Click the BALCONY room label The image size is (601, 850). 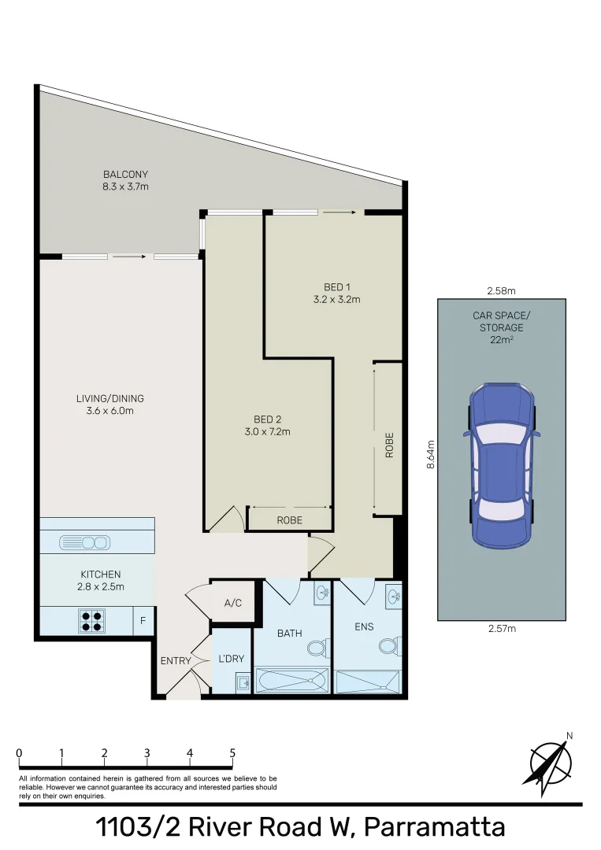click(x=125, y=175)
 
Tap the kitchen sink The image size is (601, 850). click(x=84, y=542)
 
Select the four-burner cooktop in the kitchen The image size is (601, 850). click(x=91, y=620)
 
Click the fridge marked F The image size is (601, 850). click(x=143, y=620)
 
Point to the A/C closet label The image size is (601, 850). click(x=232, y=603)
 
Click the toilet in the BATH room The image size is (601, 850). click(x=317, y=647)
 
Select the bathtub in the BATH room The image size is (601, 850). click(x=291, y=680)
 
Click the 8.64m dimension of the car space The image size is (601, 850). click(x=431, y=454)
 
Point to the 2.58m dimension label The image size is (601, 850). click(x=501, y=290)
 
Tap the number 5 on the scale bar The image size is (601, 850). click(x=232, y=753)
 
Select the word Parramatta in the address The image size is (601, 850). click(x=435, y=827)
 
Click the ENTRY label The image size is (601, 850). click(x=176, y=661)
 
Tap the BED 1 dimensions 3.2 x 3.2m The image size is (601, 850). click(x=337, y=299)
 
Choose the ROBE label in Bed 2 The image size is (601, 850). click(x=290, y=520)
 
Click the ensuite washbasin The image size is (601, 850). click(x=394, y=596)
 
